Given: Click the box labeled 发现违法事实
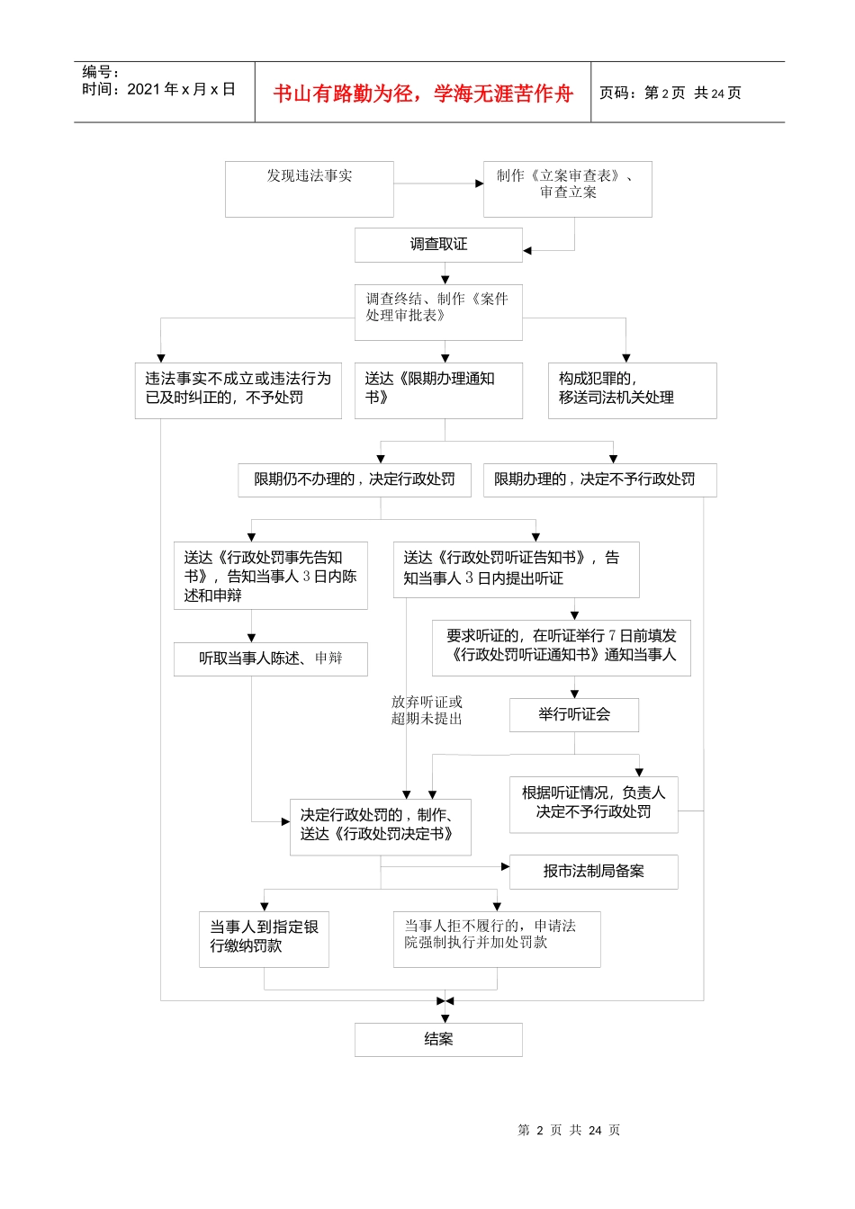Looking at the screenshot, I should (309, 188).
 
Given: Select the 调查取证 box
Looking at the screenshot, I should (438, 245).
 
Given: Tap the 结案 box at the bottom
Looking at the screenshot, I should (438, 1039).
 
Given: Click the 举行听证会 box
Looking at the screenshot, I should (574, 714).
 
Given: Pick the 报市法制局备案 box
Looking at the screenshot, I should (593, 871).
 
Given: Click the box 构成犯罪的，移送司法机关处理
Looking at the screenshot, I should (632, 390).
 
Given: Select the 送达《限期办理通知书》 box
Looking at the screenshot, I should (438, 390).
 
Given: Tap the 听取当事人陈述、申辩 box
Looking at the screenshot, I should (270, 658).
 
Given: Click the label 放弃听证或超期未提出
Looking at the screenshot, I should (427, 710).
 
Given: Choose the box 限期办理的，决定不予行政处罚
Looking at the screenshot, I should (599, 479).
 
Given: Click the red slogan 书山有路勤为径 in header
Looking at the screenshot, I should (423, 94).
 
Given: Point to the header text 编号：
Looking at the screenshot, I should (101, 72).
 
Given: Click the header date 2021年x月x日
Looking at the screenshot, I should (180, 89).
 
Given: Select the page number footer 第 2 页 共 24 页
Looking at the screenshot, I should (569, 1130).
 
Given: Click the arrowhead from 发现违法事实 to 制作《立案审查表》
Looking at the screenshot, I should (480, 184).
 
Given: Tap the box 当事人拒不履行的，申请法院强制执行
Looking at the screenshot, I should (496, 938).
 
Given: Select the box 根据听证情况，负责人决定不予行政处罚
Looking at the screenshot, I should (593, 803).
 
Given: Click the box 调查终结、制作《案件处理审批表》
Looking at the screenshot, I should (438, 311).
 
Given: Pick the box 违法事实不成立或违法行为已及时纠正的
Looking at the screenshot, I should (238, 390).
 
